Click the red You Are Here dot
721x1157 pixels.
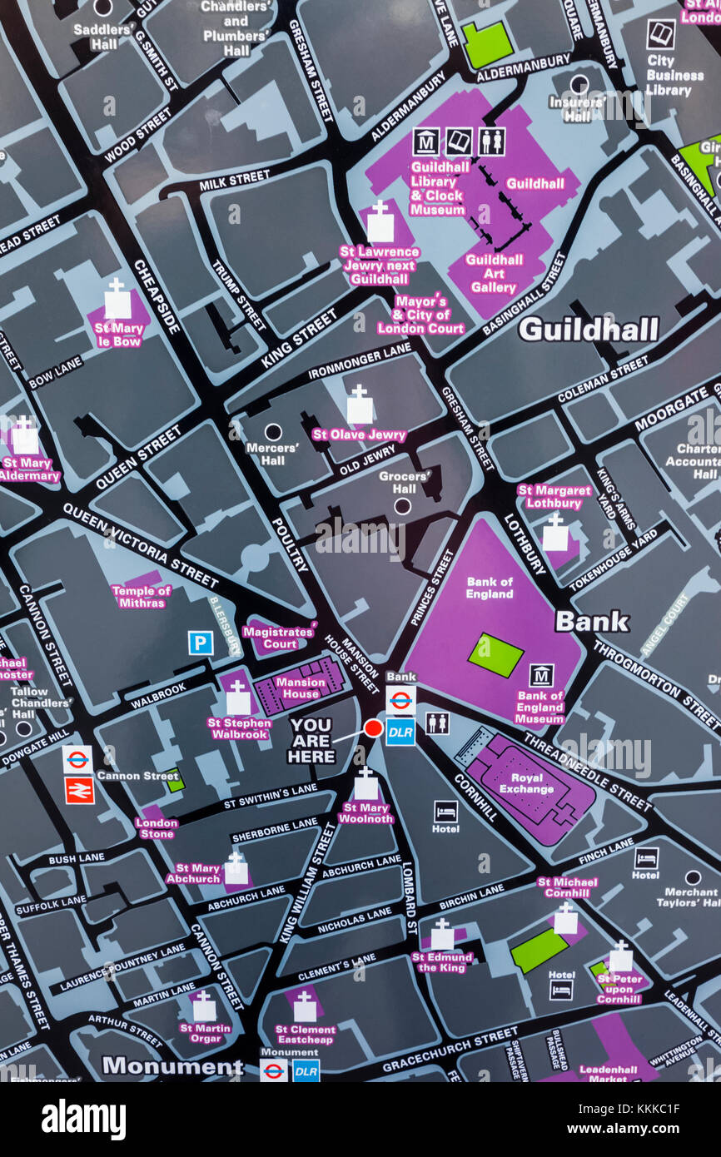[373, 728]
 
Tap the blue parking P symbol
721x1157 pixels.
[200, 643]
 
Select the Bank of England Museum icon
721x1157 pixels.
[541, 675]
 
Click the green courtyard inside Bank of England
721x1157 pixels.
[495, 655]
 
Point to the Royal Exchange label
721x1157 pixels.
[526, 783]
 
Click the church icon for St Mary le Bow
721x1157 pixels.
[117, 300]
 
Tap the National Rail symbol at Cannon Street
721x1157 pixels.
[79, 790]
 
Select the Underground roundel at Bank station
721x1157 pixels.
[400, 700]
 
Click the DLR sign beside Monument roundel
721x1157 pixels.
[306, 1070]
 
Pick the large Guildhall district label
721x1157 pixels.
[588, 330]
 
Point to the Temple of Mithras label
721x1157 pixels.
[141, 596]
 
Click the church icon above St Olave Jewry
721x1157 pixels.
[360, 406]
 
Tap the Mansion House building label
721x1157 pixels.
[300, 688]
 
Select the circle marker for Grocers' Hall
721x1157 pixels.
[402, 505]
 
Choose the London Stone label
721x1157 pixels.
[157, 827]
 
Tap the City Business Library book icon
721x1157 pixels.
[660, 34]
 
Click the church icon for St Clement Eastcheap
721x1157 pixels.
[305, 1008]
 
